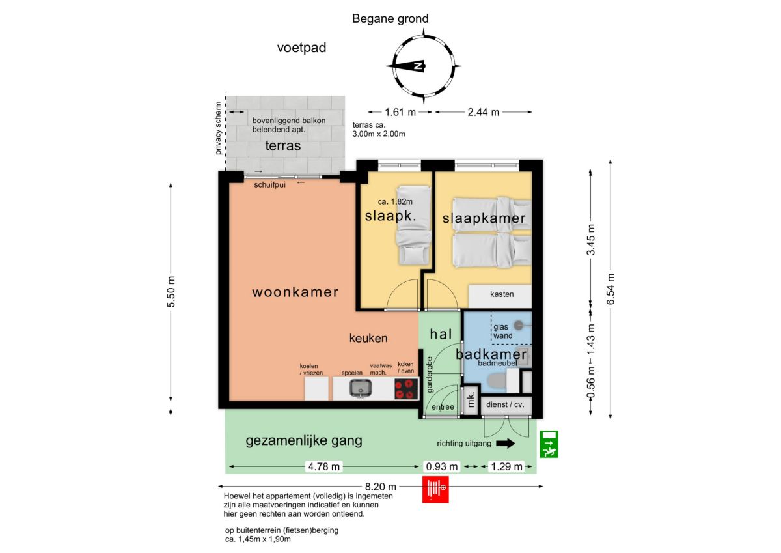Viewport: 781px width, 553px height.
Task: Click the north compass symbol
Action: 424,66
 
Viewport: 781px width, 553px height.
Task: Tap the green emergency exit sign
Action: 549,444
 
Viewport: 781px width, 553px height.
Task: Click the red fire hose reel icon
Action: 435,490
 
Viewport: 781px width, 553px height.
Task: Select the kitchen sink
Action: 361,389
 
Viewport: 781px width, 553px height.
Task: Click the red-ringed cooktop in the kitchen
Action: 407,389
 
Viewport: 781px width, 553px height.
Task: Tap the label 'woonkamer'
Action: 295,292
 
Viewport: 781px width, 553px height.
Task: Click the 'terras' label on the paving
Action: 282,145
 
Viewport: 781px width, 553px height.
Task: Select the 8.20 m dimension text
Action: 380,487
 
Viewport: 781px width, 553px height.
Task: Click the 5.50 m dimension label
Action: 171,292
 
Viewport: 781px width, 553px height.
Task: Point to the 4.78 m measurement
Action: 324,466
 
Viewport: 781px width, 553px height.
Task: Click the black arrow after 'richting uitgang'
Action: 506,444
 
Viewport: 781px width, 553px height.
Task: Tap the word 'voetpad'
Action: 301,48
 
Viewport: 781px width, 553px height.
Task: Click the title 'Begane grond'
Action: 390,18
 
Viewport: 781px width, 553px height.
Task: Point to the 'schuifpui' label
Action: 269,185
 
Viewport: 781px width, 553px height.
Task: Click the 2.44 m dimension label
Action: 483,112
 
